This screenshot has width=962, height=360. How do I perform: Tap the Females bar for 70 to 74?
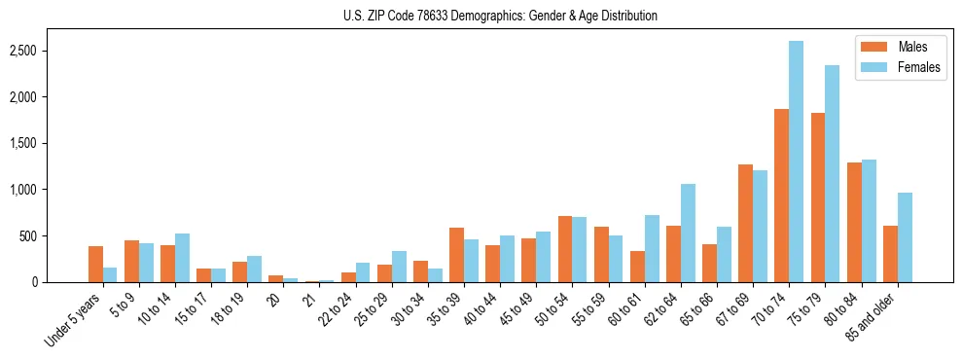796,162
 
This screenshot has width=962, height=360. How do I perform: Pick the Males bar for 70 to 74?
781,196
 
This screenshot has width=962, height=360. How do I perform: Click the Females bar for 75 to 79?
832,174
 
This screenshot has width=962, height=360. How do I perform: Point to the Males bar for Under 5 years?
95,264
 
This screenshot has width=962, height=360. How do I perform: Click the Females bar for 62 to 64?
688,234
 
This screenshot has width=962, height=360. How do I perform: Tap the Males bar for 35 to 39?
456,255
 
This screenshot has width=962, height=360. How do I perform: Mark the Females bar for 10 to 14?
182,258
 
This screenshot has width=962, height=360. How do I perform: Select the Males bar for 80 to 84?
854,223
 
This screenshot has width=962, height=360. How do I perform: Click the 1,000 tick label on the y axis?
52,190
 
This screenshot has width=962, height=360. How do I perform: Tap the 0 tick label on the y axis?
61,282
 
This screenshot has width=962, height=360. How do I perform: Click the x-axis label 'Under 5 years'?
73,319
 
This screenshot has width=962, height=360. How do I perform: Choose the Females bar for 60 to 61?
652,249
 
